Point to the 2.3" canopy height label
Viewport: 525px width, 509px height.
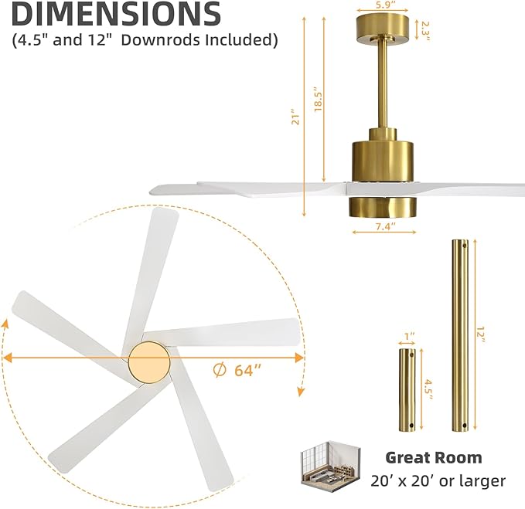(426, 29)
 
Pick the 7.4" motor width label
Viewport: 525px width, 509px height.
(384, 226)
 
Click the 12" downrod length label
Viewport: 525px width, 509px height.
(480, 334)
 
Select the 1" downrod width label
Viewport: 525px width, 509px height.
(410, 337)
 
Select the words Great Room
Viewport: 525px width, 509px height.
(433, 457)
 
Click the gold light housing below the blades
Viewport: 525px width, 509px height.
(384, 205)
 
